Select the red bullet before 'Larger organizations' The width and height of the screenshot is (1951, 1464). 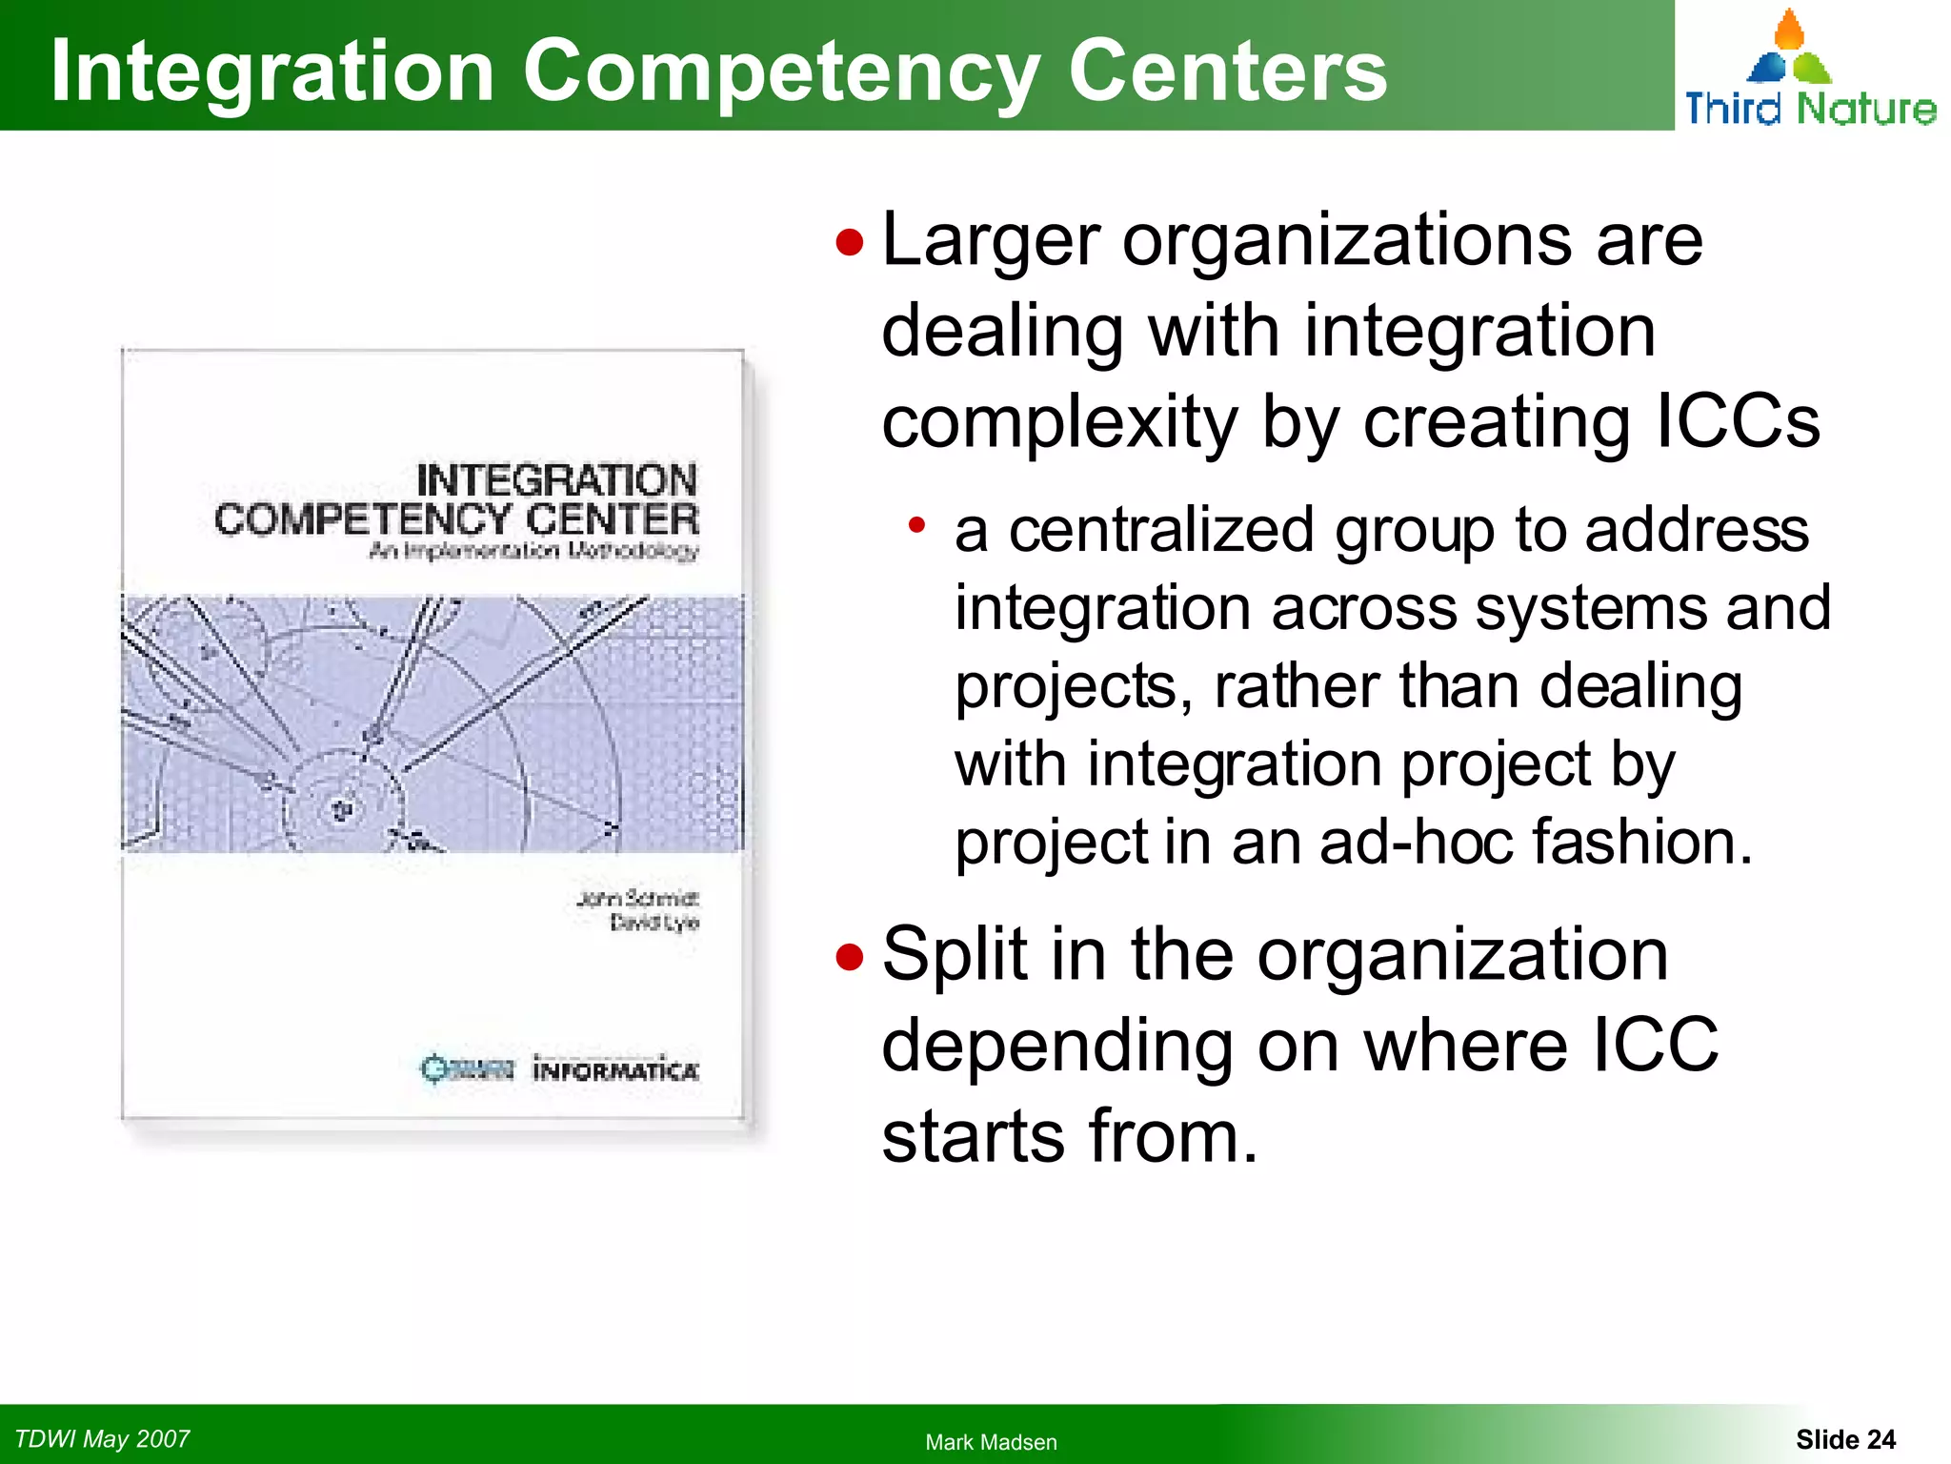(849, 242)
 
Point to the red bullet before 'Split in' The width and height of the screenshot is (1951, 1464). (849, 956)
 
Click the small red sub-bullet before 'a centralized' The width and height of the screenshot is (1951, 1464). (916, 524)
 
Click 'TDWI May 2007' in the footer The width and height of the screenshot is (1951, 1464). (102, 1438)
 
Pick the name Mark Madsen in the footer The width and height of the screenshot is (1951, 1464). (991, 1442)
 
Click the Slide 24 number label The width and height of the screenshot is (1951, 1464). (1845, 1439)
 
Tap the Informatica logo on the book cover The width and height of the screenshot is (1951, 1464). (615, 1069)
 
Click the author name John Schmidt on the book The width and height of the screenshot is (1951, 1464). (637, 899)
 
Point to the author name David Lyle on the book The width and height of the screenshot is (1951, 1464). (654, 923)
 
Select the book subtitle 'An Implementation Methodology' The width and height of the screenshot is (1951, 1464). (533, 552)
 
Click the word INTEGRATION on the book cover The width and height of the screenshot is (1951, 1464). (557, 479)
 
